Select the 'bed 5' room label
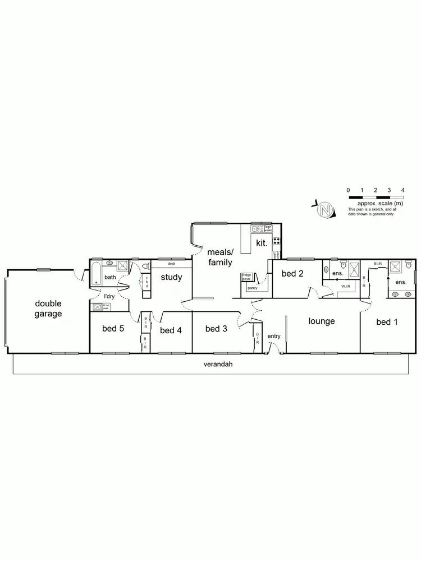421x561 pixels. (113, 329)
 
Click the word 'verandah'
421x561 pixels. (218, 364)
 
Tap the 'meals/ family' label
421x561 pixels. (220, 257)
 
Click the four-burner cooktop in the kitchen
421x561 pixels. (276, 242)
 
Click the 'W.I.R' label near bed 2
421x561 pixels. (345, 286)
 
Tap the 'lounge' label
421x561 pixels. (322, 321)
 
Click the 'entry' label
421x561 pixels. (273, 336)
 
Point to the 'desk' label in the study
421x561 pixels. (171, 263)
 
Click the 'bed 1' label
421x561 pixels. (387, 321)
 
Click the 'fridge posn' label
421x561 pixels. (246, 277)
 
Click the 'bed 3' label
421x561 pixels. (216, 329)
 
